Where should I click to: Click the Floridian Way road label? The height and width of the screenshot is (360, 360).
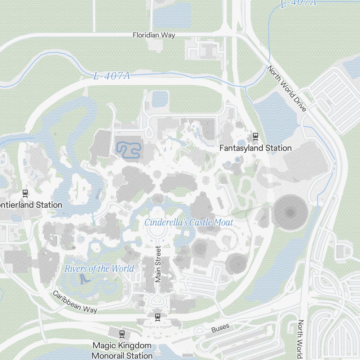coord(154,35)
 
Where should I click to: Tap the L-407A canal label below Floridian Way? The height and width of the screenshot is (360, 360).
coord(111,76)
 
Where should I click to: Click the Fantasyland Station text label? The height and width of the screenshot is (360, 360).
coord(255,148)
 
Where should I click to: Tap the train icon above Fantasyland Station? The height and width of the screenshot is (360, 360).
coord(256,136)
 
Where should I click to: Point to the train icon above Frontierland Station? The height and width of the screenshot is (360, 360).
coord(25,193)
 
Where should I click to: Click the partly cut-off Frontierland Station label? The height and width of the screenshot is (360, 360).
coord(31,205)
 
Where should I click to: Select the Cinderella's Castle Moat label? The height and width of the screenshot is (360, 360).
coord(189,222)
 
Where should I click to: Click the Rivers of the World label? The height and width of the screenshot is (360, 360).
coord(99,269)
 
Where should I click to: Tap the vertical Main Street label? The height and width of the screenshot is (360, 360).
coord(158,264)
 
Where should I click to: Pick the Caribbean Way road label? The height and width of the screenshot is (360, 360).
coord(75,302)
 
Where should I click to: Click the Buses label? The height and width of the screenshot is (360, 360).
coord(220,328)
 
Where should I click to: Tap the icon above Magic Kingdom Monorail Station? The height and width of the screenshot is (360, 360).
coord(122,334)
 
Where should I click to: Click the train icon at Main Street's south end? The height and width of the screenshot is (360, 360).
coord(157,317)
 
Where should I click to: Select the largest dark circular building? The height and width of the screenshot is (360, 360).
coord(290,212)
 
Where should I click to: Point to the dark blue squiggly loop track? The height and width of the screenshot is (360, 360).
coord(128,150)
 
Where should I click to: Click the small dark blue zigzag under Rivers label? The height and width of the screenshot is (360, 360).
coord(83,279)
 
